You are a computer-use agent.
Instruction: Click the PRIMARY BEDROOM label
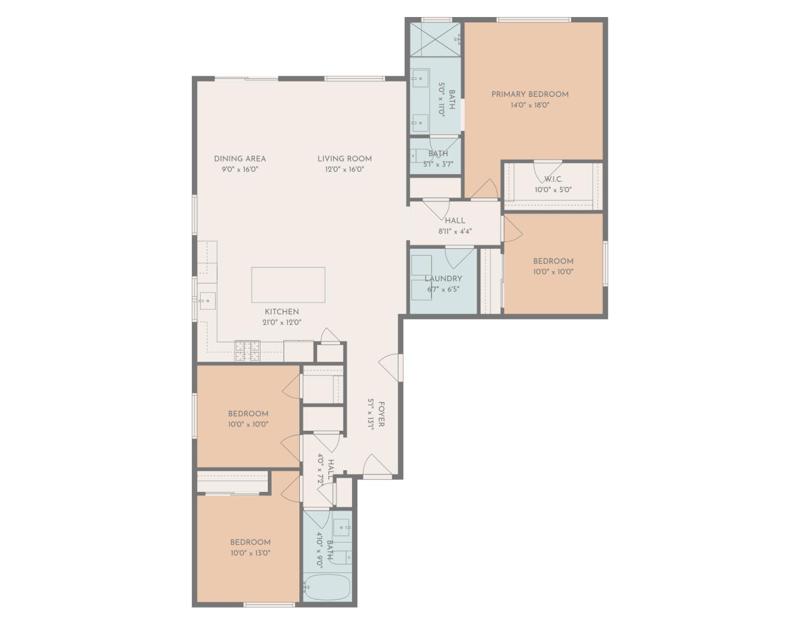[529, 94]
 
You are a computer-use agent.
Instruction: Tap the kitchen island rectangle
[288, 285]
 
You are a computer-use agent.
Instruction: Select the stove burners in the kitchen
[247, 351]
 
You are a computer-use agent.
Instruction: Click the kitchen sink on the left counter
[207, 301]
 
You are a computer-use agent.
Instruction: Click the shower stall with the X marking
[435, 39]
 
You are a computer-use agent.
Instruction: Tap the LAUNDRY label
[443, 278]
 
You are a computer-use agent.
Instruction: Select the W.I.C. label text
[553, 179]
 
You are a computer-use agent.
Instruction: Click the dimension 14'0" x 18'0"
[529, 105]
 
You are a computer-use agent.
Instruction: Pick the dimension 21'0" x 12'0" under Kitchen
[282, 322]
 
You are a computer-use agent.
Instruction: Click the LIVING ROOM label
[345, 159]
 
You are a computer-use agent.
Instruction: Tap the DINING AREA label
[240, 159]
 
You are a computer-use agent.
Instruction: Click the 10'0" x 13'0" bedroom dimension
[250, 553]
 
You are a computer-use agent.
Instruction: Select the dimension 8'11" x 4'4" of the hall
[455, 232]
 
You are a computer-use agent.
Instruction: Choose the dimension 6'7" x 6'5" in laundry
[443, 290]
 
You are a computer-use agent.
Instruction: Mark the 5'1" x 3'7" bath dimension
[438, 165]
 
